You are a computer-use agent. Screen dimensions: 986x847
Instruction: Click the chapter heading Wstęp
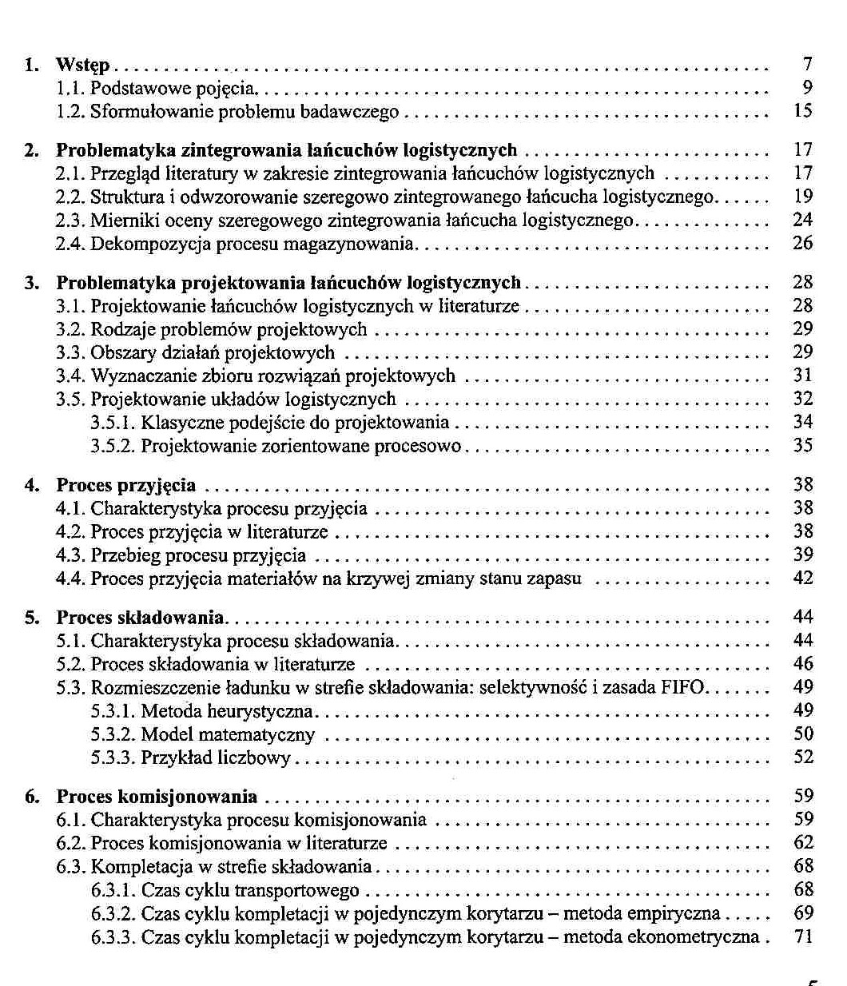coord(82,65)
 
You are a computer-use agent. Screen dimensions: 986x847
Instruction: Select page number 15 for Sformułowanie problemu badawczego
coord(803,111)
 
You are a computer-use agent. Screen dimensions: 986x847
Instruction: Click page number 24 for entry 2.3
coord(803,220)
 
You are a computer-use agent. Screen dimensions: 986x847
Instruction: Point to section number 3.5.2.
coord(113,445)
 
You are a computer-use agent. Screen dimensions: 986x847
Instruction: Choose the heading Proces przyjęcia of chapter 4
coord(125,485)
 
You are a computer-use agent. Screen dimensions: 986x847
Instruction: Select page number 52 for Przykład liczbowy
coord(803,757)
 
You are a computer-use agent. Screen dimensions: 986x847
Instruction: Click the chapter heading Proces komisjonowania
coord(157,797)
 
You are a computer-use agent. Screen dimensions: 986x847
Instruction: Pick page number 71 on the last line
coord(803,936)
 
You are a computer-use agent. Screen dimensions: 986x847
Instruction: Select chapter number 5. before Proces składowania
coord(31,618)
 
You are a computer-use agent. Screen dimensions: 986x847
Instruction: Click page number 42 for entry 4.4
coord(803,578)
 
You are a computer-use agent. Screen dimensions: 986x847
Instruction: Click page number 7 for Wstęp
coord(807,65)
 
